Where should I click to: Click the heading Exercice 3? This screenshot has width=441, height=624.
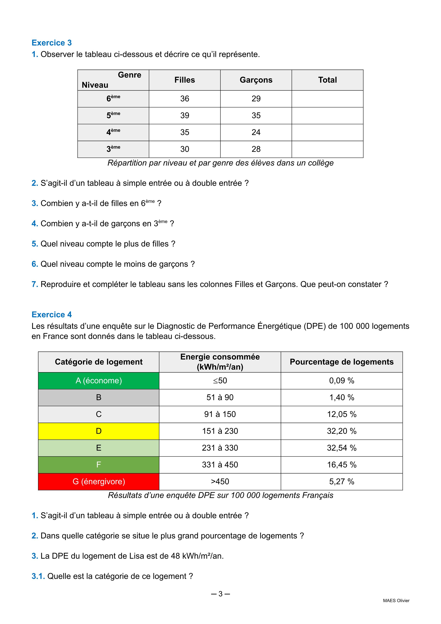[52, 43]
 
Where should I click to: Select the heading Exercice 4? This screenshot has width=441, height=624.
[52, 314]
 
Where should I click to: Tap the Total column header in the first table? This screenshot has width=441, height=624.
[327, 80]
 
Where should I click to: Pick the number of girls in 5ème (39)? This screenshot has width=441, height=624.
[185, 115]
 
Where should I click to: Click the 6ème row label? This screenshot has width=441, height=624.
[113, 98]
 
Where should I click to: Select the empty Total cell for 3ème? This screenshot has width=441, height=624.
[327, 149]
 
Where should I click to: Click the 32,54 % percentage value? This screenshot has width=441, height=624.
[342, 448]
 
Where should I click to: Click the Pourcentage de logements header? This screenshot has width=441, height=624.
[342, 362]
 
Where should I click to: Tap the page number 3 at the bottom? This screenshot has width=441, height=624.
[220, 594]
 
